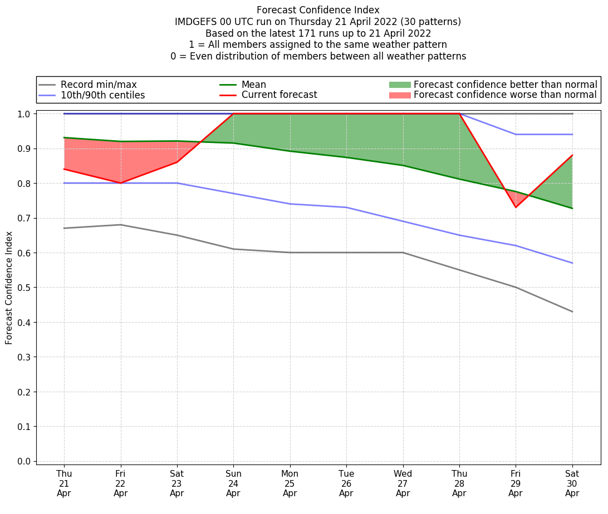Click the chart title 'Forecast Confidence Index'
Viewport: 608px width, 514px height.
pyautogui.click(x=318, y=10)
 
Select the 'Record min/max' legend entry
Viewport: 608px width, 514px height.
pyautogui.click(x=99, y=85)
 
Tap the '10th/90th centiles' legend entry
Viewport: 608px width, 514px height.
pyautogui.click(x=102, y=95)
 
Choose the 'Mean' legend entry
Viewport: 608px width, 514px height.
pyautogui.click(x=253, y=85)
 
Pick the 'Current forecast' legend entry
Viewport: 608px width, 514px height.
pyautogui.click(x=279, y=95)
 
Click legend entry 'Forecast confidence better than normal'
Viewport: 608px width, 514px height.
pyautogui.click(x=505, y=85)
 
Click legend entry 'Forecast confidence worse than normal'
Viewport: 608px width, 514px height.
pyautogui.click(x=505, y=95)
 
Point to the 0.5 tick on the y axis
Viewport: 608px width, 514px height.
pyautogui.click(x=24, y=288)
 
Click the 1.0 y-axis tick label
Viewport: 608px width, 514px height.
pyautogui.click(x=24, y=113)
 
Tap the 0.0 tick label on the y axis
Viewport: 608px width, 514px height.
pyautogui.click(x=24, y=461)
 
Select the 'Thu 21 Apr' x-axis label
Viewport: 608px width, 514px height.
pyautogui.click(x=64, y=483)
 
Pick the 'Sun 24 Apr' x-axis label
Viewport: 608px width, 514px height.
pyautogui.click(x=233, y=483)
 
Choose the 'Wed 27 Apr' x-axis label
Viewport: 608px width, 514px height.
pyautogui.click(x=403, y=483)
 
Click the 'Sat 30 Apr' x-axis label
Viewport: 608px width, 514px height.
pyautogui.click(x=572, y=483)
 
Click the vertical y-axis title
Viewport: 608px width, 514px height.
pyautogui.click(x=9, y=288)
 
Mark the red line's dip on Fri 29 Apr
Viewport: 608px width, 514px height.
pyautogui.click(x=516, y=207)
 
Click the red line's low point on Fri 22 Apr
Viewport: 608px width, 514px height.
pyautogui.click(x=120, y=183)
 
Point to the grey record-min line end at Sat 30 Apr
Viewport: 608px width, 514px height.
pyautogui.click(x=572, y=312)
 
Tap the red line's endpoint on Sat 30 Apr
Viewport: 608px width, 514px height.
pyautogui.click(x=572, y=155)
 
